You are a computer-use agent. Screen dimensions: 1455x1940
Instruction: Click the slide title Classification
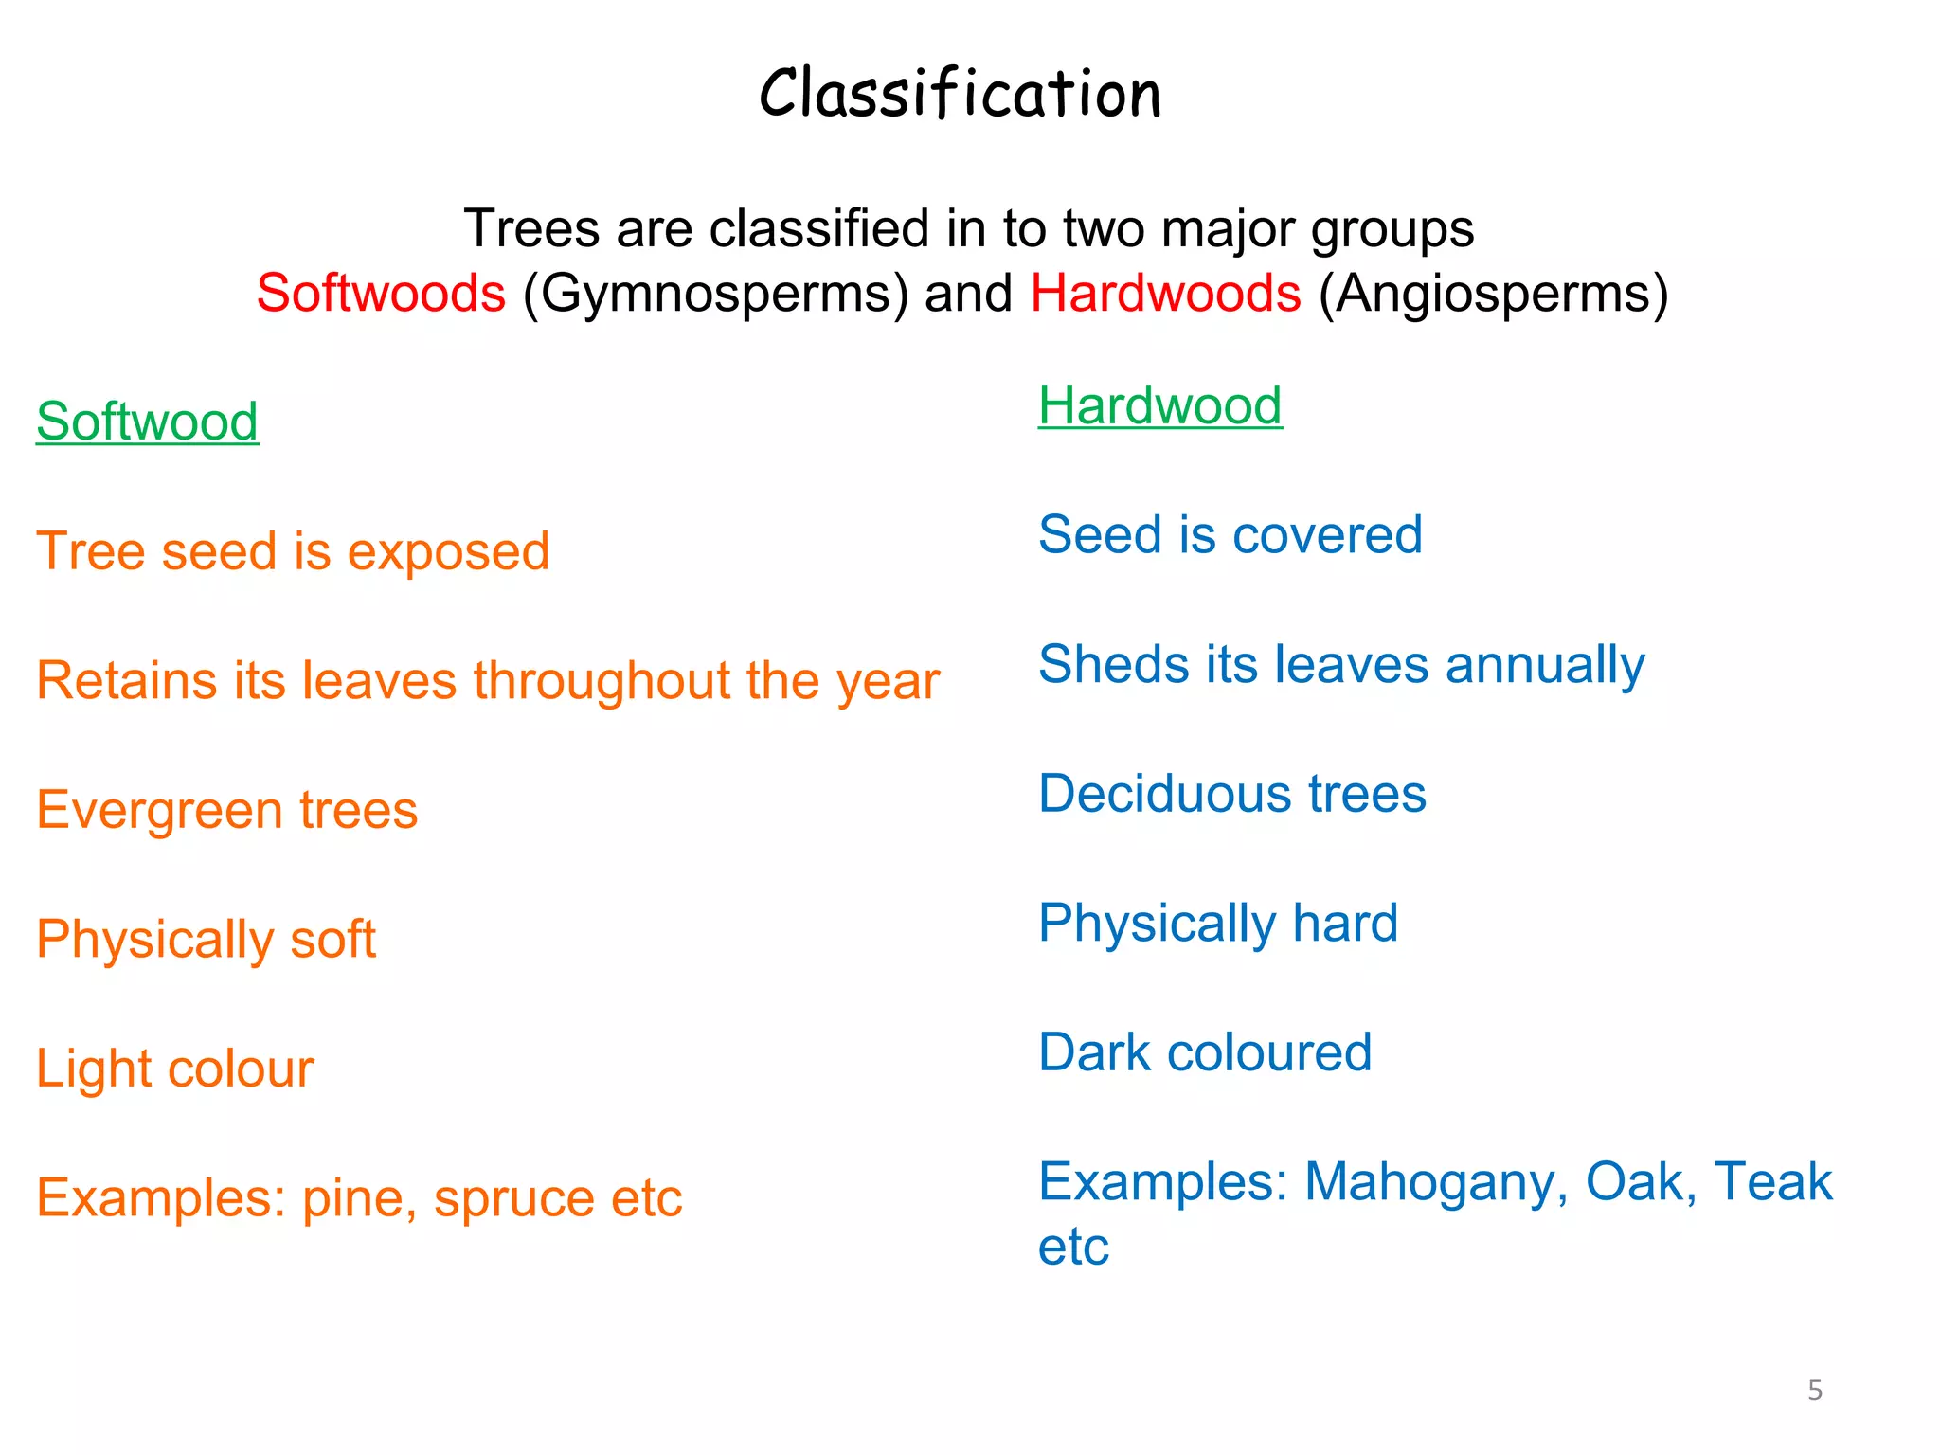(960, 94)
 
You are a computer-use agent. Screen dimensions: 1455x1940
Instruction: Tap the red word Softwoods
(381, 293)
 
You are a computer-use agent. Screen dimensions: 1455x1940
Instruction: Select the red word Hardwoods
(1165, 293)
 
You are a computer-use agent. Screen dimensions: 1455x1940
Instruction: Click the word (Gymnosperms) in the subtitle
(715, 294)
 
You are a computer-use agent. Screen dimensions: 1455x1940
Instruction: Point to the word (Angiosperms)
(1493, 294)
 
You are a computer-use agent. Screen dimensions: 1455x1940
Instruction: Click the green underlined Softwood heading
(147, 422)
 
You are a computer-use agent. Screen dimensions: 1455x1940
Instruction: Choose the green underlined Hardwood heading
(1159, 405)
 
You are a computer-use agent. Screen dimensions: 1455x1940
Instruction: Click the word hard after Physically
(1345, 924)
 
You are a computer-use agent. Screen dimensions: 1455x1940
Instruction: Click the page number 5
(1815, 1391)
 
